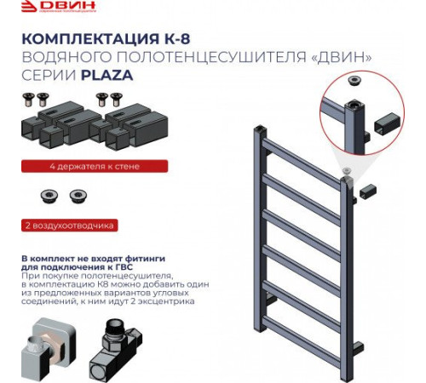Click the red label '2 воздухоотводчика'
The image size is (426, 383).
[68, 226]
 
